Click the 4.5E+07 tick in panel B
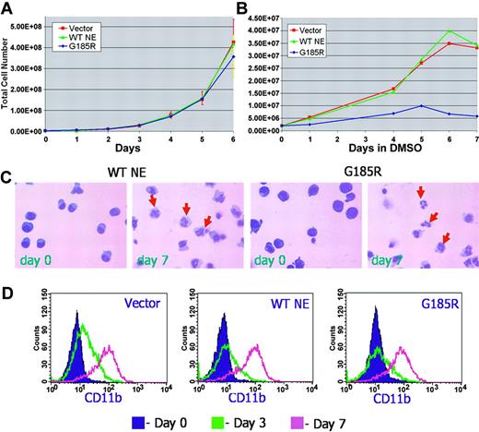coord(261,18)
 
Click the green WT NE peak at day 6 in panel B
coord(449,31)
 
